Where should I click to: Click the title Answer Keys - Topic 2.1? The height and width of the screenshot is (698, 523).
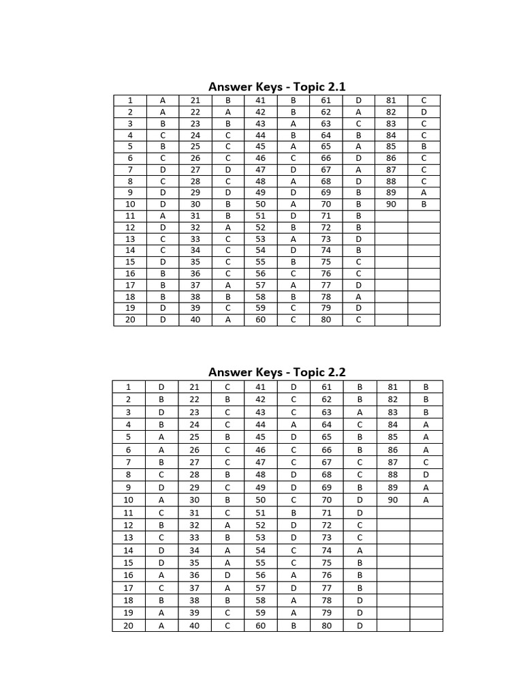point(276,87)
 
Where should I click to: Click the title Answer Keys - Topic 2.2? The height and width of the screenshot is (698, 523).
point(276,372)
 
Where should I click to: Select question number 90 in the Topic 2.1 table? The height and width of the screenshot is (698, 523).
point(391,204)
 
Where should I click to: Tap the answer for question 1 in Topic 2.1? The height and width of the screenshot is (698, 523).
point(163,100)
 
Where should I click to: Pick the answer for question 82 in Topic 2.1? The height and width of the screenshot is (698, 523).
point(424,112)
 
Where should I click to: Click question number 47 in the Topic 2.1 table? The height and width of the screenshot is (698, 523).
point(261,169)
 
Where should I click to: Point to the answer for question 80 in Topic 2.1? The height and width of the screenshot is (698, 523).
point(358,320)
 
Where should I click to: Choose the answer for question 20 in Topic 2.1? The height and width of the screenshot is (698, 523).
point(163,320)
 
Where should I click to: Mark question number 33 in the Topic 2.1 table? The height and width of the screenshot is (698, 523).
point(195,239)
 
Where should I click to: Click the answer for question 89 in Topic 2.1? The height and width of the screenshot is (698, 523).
point(424,192)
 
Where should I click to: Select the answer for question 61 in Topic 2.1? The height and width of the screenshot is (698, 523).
point(358,100)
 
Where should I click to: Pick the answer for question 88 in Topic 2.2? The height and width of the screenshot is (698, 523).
point(426,474)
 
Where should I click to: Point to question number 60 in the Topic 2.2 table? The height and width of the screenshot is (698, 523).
point(261,625)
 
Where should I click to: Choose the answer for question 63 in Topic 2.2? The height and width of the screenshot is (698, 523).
point(360,412)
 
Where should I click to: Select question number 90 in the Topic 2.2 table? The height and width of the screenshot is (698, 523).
point(392,500)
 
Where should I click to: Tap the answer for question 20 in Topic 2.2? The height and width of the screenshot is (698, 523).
point(162,625)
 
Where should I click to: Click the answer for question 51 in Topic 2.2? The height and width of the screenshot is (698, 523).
point(294,512)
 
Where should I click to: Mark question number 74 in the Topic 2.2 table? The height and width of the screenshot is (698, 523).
point(327,550)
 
